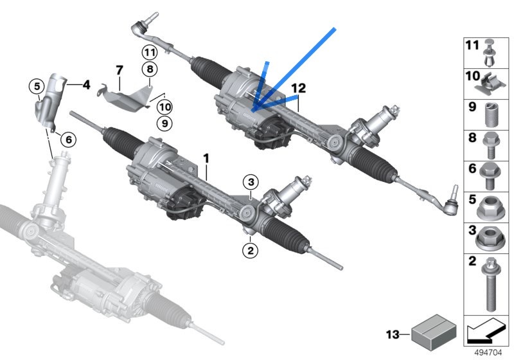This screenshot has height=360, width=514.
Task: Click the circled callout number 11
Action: coord(150,52)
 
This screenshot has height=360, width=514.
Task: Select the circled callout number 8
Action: coord(150,69)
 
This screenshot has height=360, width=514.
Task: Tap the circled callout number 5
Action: coord(37,87)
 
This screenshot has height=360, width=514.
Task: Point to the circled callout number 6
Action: coord(69,139)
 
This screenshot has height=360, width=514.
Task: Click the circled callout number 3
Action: coord(251,182)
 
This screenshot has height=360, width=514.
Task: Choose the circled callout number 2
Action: coord(250,251)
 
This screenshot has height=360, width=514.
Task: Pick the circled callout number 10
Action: coord(164,107)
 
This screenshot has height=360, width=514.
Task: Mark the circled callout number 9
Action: coord(164,123)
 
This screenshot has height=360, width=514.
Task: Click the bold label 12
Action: coord(298,88)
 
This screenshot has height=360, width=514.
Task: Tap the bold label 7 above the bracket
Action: coord(120,70)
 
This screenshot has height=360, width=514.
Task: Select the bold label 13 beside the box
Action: coord(393,335)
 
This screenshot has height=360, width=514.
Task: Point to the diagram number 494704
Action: coord(488,353)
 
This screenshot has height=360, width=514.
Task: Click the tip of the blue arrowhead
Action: coord(253,111)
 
